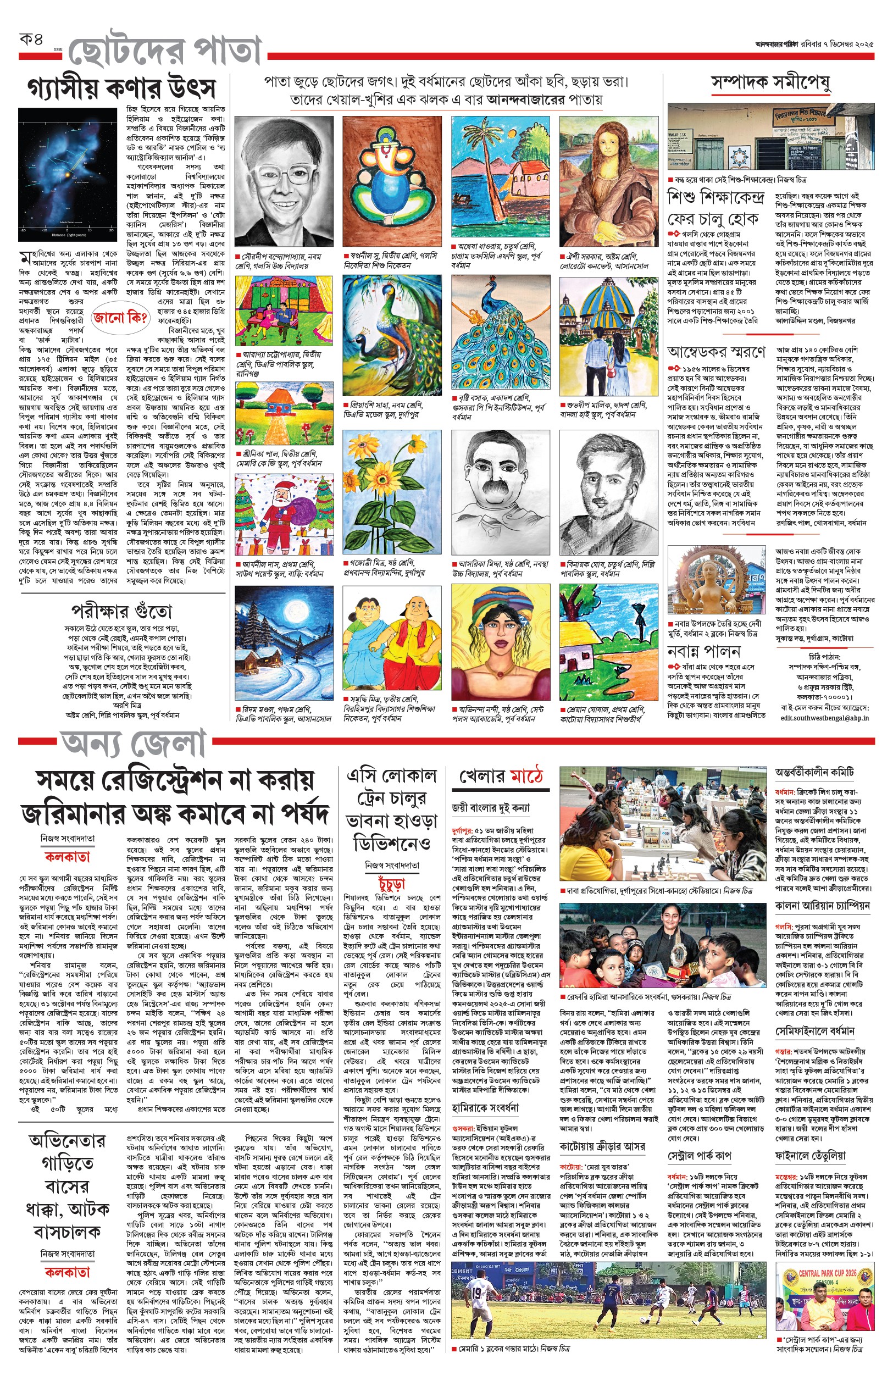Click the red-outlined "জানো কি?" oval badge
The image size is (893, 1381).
120,318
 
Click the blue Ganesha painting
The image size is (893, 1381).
391,181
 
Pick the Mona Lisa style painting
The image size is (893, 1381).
608,181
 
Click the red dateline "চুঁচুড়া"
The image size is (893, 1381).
392,884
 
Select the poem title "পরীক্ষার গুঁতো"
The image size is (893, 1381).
122,611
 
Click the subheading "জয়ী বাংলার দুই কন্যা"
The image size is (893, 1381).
491,808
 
